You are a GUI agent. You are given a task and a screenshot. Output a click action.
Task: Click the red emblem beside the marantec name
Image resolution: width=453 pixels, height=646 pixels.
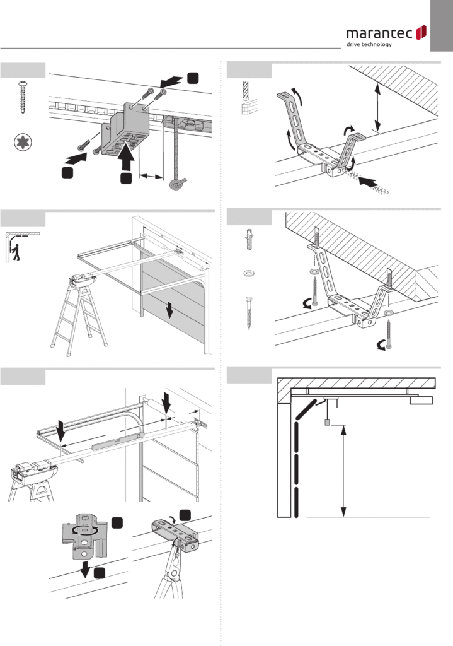point(423,32)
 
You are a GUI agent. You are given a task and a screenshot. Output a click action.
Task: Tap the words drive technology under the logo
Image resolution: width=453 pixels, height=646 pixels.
point(369,44)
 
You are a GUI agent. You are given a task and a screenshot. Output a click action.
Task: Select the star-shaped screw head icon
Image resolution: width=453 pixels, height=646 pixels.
point(23,143)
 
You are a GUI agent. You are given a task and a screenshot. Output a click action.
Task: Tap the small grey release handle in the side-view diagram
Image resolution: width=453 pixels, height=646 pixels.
point(328,421)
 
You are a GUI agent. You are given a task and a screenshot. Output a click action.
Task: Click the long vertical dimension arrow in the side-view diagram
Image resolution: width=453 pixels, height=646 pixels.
point(343,471)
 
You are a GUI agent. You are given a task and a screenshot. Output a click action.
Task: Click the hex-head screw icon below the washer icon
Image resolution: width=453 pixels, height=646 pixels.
point(250,312)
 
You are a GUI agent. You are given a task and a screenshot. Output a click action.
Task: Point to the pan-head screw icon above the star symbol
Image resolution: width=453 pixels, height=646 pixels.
point(23,97)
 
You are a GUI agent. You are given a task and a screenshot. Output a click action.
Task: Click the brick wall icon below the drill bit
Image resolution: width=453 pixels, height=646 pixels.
point(247,109)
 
